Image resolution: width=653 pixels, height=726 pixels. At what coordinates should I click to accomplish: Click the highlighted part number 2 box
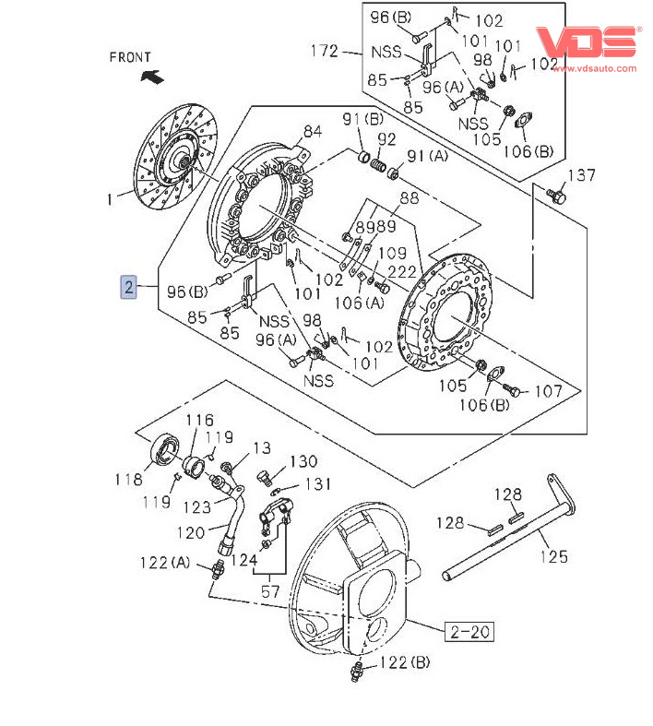130,288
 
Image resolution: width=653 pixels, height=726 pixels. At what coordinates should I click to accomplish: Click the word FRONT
129,57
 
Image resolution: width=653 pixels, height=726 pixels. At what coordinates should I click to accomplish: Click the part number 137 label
581,175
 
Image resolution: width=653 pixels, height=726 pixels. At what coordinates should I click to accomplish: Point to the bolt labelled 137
556,196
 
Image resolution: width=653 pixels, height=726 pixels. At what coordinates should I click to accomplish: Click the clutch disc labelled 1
175,161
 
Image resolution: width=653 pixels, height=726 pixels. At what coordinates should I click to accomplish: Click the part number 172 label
325,52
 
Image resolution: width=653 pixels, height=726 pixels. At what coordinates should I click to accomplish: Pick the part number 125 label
554,556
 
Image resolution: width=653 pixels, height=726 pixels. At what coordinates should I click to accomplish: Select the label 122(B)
405,661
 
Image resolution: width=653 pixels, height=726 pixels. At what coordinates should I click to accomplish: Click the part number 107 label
548,391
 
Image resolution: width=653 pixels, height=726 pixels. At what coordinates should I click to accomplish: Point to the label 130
303,461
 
